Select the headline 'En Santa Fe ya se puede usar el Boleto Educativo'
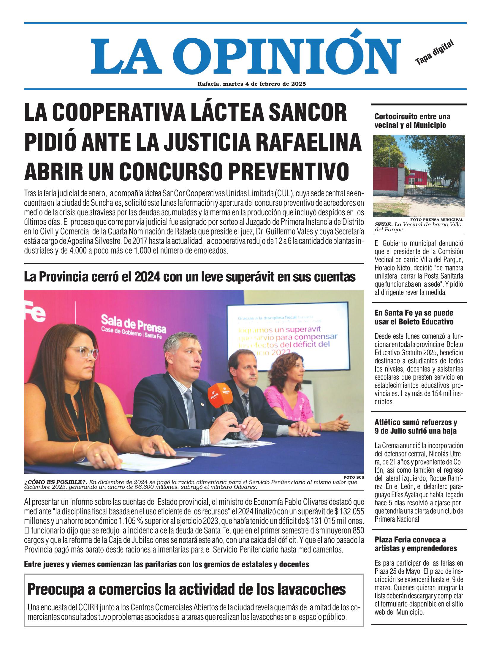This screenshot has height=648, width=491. pyautogui.click(x=414, y=317)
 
